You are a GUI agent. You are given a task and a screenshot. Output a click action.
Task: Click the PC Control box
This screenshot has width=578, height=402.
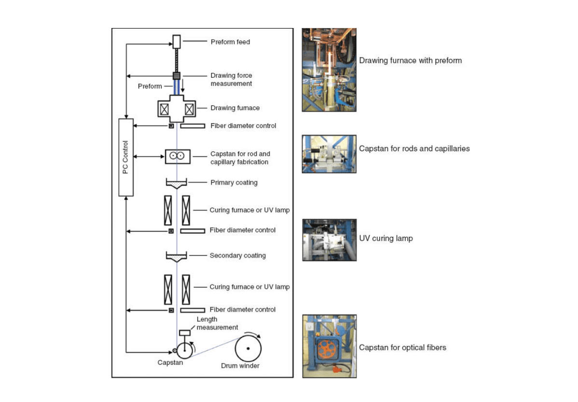pyautogui.click(x=126, y=157)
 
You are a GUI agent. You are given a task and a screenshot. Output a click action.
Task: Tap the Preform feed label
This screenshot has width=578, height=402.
pyautogui.click(x=230, y=42)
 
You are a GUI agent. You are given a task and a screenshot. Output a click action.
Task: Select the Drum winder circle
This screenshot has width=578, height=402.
pyautogui.click(x=248, y=348)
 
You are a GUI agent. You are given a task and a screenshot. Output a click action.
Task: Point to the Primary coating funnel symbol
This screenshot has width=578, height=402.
pyautogui.click(x=177, y=184)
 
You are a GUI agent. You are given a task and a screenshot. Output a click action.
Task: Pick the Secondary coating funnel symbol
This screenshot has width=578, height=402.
pyautogui.click(x=177, y=257)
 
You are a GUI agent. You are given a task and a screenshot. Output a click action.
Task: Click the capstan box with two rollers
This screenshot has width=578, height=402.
pyautogui.click(x=178, y=157)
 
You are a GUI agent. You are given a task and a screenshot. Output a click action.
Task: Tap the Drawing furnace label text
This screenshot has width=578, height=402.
pyautogui.click(x=235, y=108)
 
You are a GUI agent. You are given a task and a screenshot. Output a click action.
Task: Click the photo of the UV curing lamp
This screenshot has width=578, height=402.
pyautogui.click(x=329, y=240)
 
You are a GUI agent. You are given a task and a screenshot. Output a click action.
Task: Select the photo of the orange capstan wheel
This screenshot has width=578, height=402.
pyautogui.click(x=329, y=346)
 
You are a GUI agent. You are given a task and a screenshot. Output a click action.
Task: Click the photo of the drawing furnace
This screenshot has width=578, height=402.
pyautogui.click(x=329, y=70)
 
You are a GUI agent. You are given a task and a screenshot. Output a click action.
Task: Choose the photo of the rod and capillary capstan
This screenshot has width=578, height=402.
pyautogui.click(x=329, y=154)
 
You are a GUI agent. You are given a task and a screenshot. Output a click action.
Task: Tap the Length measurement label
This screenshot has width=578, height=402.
pyautogui.click(x=217, y=323)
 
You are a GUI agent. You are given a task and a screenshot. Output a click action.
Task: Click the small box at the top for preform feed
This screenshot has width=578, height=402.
pyautogui.click(x=177, y=42)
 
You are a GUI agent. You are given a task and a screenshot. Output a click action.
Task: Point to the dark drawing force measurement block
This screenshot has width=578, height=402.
pyautogui.click(x=177, y=76)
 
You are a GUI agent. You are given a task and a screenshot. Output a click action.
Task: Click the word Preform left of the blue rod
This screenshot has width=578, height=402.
pyautogui.click(x=150, y=86)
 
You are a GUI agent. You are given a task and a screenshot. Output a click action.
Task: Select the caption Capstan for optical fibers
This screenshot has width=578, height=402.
pyautogui.click(x=402, y=347)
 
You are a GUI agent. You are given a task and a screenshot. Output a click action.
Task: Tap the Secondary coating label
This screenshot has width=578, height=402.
pyautogui.click(x=237, y=256)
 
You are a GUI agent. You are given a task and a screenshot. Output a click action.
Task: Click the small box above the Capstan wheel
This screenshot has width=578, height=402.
pyautogui.click(x=185, y=332)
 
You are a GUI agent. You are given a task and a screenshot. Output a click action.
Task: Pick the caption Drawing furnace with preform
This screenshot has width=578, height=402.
pyautogui.click(x=410, y=60)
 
